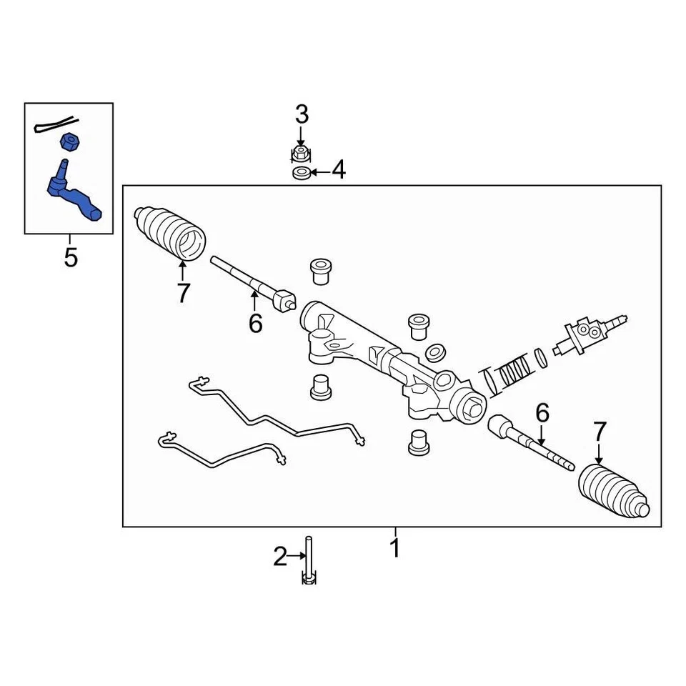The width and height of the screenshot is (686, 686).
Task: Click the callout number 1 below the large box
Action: pos(394,548)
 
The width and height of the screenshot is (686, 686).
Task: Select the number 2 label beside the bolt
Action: pos(280,556)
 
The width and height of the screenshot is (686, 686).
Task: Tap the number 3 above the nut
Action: pos(302,114)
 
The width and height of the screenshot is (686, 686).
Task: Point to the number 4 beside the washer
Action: pos(337,171)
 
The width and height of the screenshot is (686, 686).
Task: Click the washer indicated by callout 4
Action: pos(302,173)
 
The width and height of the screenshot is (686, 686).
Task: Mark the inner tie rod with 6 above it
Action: pos(530,442)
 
